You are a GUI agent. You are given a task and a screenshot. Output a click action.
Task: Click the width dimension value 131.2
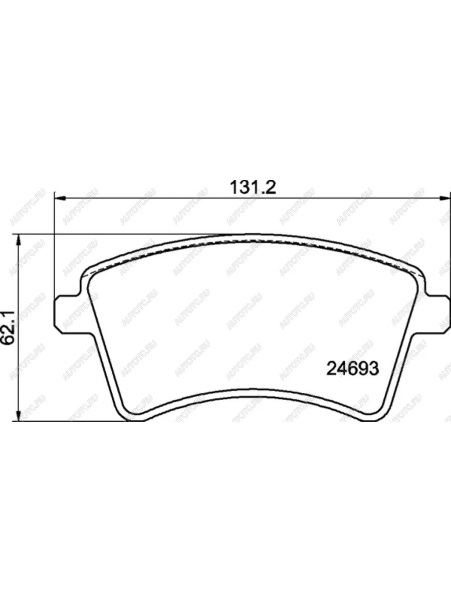253,187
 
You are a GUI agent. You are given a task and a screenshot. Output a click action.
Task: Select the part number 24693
352,369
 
